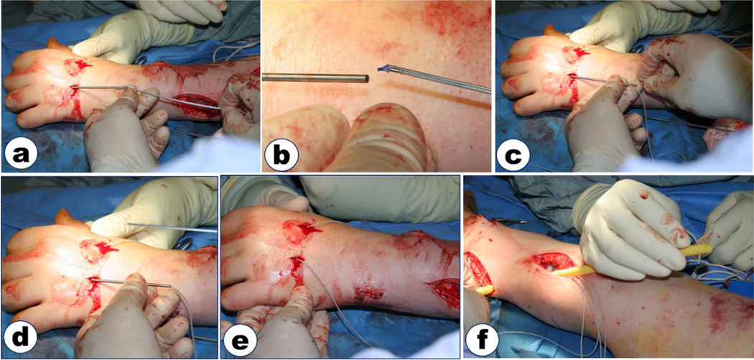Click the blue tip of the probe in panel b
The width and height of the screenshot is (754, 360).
click(x=383, y=69)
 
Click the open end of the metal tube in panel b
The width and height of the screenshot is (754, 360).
click(x=366, y=78)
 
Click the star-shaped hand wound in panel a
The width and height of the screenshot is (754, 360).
click(x=78, y=67)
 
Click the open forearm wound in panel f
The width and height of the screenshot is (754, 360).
click(x=554, y=263)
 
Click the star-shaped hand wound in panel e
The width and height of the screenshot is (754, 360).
click(x=302, y=231)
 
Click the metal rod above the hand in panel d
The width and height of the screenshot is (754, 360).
click(x=172, y=227)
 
